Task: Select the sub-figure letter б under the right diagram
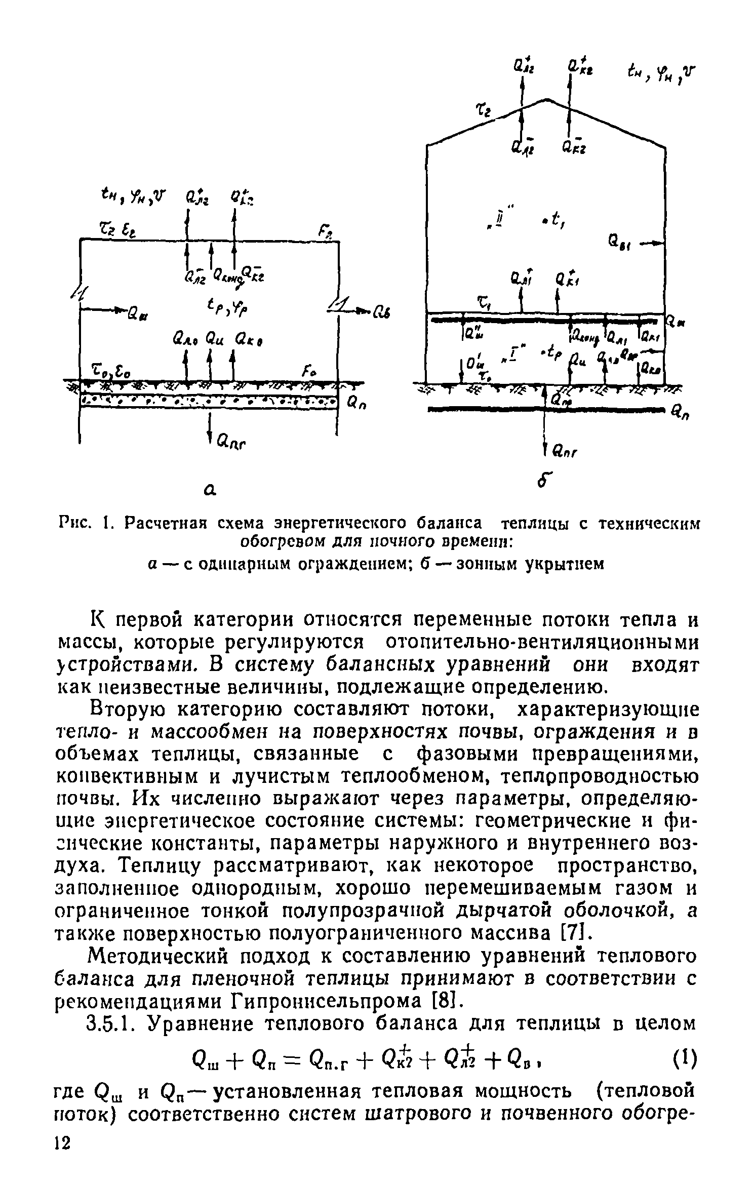544,482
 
